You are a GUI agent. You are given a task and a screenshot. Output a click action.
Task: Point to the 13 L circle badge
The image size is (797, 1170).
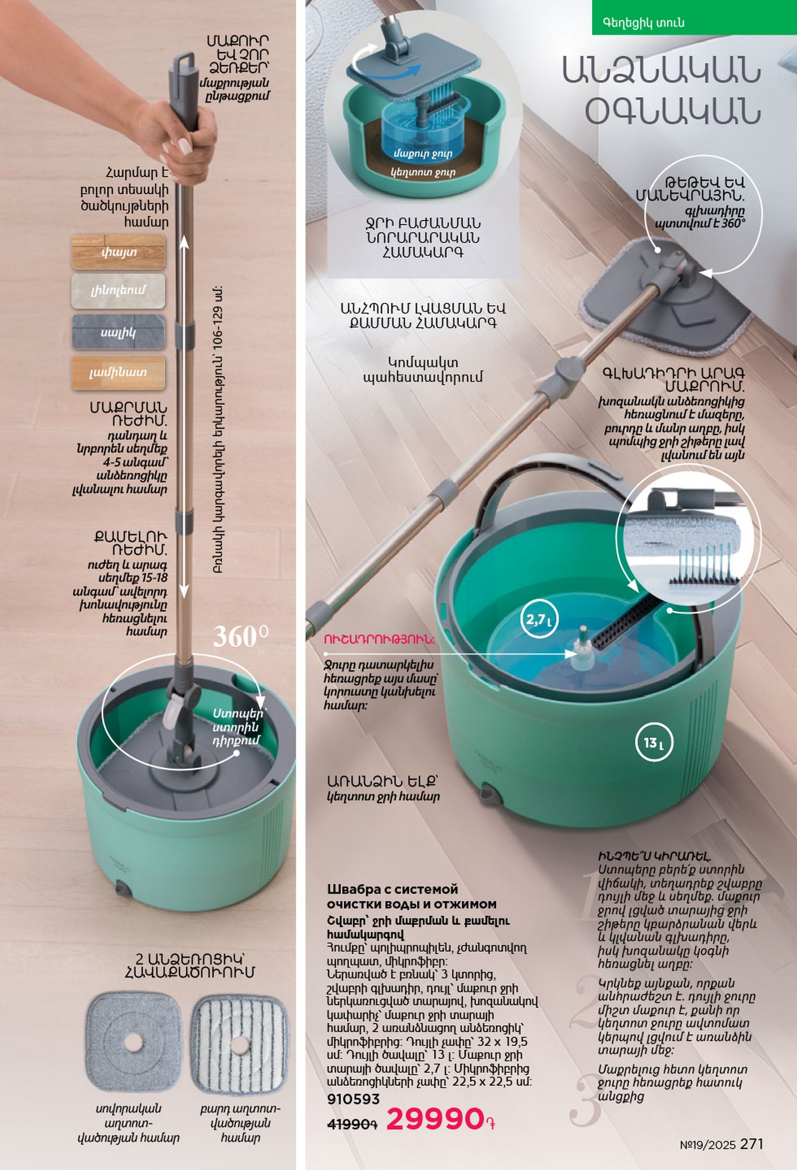click(654, 742)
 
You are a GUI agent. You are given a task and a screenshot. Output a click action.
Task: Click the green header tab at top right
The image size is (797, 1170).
click(694, 17)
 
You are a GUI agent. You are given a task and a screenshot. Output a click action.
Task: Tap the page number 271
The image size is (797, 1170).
click(752, 1144)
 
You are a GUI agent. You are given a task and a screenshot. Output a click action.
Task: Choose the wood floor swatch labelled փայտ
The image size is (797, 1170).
click(119, 252)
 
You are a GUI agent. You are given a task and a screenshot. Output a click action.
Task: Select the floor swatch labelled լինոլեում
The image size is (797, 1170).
click(119, 291)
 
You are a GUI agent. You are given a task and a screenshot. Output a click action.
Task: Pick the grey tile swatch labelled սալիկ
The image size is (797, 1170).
click(119, 332)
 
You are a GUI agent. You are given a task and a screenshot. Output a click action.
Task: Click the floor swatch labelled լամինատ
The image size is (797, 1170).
click(119, 373)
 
